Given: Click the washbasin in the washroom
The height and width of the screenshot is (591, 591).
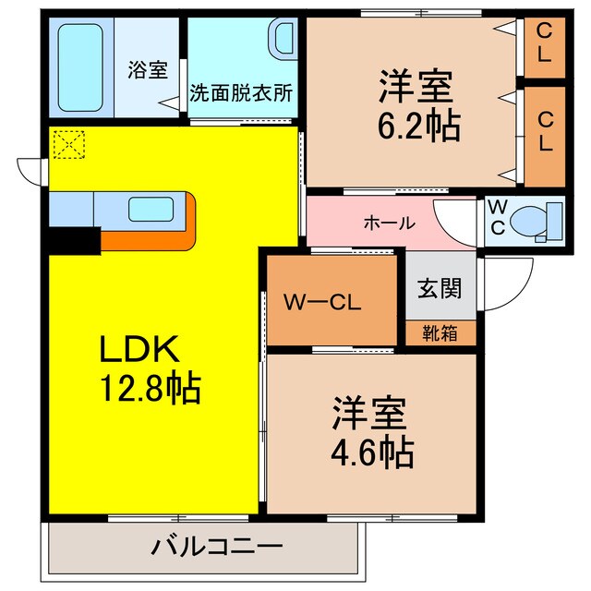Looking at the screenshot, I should pos(281,42).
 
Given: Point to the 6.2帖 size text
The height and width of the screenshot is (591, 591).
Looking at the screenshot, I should pos(417,126).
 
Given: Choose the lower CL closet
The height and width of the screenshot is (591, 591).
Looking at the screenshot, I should pos(543,132).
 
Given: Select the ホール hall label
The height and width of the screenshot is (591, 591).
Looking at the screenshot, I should pos(389,223).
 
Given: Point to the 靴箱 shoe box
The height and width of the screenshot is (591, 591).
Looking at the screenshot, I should pos(440,332).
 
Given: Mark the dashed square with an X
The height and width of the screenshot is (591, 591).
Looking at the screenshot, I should pos(68,144).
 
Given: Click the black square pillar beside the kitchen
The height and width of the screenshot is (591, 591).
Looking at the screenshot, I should pos(74,239).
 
